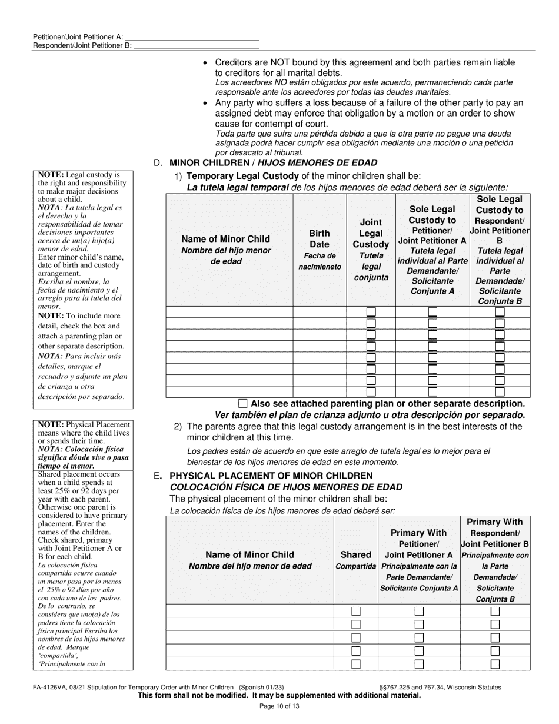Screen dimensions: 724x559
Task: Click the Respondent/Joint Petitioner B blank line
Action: (x=196, y=45)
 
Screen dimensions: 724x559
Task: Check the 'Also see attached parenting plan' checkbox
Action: (x=243, y=404)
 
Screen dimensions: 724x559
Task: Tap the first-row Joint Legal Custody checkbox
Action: (x=371, y=312)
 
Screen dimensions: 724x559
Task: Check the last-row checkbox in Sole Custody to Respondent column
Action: (x=500, y=391)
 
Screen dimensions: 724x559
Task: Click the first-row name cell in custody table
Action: (x=229, y=312)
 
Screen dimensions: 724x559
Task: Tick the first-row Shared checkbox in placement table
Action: (x=356, y=611)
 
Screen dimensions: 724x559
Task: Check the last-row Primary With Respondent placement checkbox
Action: (x=495, y=664)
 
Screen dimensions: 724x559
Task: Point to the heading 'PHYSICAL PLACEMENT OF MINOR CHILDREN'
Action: (x=271, y=476)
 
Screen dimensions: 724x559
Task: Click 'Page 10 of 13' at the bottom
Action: (x=279, y=706)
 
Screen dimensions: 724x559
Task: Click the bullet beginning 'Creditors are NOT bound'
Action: (x=365, y=62)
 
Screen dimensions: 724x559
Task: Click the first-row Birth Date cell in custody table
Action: (x=320, y=312)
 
